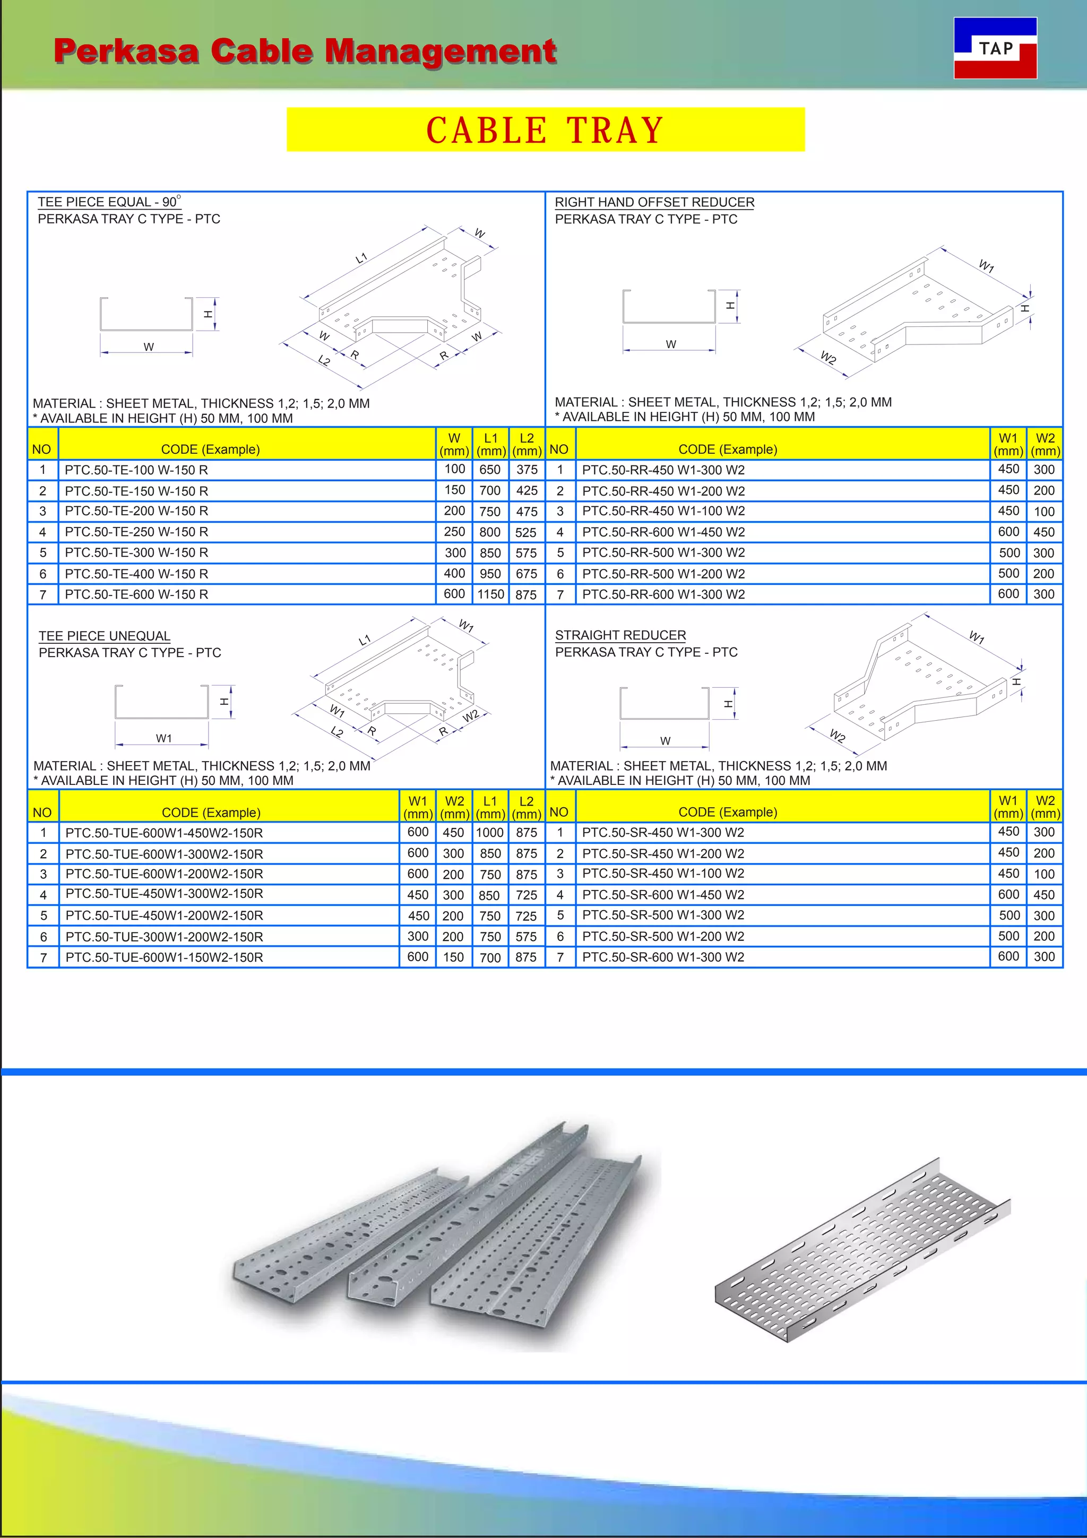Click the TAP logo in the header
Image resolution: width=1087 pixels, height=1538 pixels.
[x=995, y=48]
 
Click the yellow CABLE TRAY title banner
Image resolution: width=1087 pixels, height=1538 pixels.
[x=545, y=130]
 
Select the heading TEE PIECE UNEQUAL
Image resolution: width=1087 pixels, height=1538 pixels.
[x=105, y=636]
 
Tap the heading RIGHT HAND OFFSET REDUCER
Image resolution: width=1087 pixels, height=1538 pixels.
[x=654, y=202]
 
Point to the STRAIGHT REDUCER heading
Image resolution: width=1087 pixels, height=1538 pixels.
[x=620, y=635]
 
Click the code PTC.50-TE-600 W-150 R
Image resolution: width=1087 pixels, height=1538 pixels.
[x=136, y=594]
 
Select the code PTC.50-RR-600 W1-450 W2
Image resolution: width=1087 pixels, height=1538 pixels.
[x=663, y=532]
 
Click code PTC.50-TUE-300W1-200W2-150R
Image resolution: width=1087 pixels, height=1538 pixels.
[x=164, y=937]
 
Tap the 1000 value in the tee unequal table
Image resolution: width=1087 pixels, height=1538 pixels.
[x=489, y=833]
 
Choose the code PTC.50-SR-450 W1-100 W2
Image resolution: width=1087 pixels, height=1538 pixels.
[x=663, y=874]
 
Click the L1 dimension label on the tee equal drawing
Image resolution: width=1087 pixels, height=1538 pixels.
[x=361, y=258]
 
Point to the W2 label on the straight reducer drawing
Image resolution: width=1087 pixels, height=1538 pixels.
[x=837, y=736]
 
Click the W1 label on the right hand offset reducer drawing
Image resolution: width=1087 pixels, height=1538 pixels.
[x=986, y=266]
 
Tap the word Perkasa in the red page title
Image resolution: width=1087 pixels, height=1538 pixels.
[x=126, y=51]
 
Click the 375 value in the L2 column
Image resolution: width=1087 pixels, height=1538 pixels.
[x=527, y=470]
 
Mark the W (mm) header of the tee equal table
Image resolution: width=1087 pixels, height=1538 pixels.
[x=454, y=444]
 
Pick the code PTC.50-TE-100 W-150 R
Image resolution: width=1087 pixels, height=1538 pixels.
[x=136, y=470]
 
